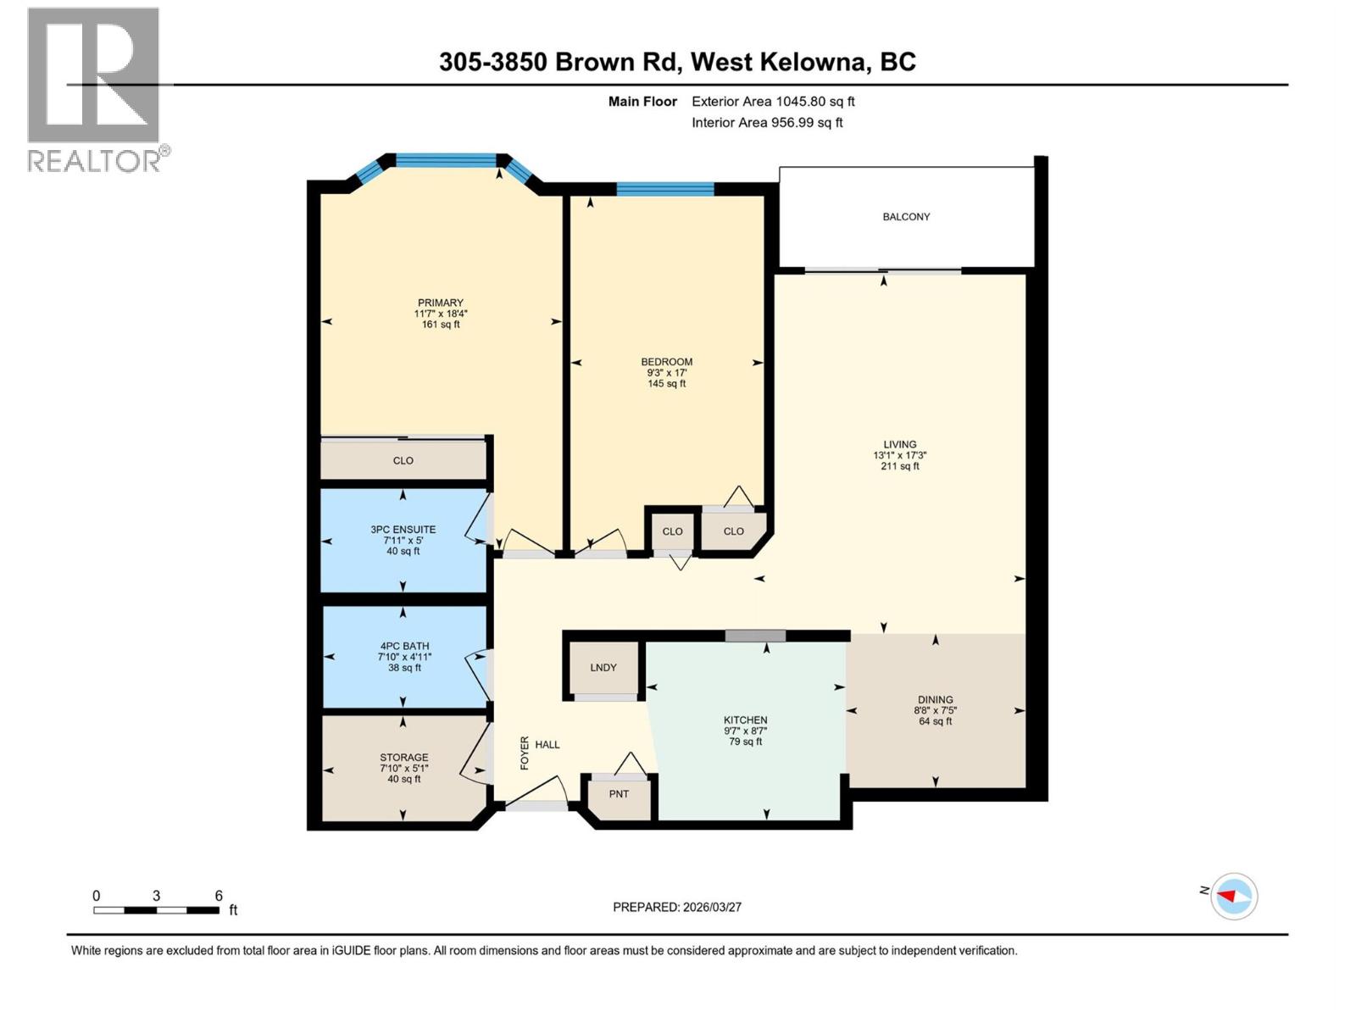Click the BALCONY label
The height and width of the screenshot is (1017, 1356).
click(x=906, y=217)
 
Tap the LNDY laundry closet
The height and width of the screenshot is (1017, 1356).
click(x=603, y=668)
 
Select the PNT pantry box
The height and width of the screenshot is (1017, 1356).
click(x=619, y=795)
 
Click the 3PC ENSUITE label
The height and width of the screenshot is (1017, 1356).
click(x=403, y=530)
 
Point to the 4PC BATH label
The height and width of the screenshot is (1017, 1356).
click(x=404, y=646)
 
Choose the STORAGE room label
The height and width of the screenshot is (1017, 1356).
click(x=403, y=758)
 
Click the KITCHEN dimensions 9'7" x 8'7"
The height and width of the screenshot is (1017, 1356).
click(x=745, y=731)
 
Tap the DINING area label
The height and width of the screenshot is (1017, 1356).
click(x=935, y=700)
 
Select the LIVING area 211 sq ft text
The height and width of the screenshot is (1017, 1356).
click(x=899, y=466)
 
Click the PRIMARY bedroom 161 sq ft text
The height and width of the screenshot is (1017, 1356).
click(x=441, y=325)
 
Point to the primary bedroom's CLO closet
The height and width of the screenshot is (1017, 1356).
click(x=403, y=461)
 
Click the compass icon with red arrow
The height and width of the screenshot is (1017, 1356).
click(x=1233, y=897)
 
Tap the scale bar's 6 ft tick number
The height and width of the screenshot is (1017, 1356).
click(x=219, y=896)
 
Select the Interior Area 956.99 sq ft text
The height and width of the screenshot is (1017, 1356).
click(x=767, y=123)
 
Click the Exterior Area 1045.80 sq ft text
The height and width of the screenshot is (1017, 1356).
click(x=773, y=102)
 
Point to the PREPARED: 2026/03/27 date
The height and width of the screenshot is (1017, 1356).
click(x=677, y=907)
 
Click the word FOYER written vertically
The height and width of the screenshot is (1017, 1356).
click(x=525, y=753)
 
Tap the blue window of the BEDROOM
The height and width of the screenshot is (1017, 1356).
click(x=664, y=189)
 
